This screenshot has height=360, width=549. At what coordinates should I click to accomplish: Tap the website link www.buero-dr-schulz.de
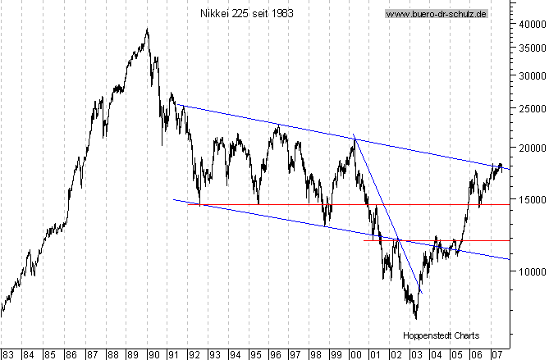436,14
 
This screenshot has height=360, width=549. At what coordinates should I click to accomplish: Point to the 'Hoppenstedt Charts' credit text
441,335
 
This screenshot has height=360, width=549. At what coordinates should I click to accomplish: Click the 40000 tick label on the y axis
530,25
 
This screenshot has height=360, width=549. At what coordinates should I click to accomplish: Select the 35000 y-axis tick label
530,48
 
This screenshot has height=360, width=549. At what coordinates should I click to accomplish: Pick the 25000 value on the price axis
530,107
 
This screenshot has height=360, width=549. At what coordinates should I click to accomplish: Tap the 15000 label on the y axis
530,198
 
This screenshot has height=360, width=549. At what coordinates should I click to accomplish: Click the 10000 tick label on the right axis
530,271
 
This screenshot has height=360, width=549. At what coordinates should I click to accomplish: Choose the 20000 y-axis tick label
530,148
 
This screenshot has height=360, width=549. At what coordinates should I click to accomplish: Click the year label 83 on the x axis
7,353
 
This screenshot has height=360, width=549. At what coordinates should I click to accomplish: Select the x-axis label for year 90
153,353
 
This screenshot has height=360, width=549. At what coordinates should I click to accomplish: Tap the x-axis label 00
355,353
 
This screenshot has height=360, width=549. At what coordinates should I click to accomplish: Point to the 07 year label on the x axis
496,353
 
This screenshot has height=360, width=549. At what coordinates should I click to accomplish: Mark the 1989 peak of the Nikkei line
147,30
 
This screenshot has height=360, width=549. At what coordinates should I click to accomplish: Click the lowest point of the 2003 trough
416,318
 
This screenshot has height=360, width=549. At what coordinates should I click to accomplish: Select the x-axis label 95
254,353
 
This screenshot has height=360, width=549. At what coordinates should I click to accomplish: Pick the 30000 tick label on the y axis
530,75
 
